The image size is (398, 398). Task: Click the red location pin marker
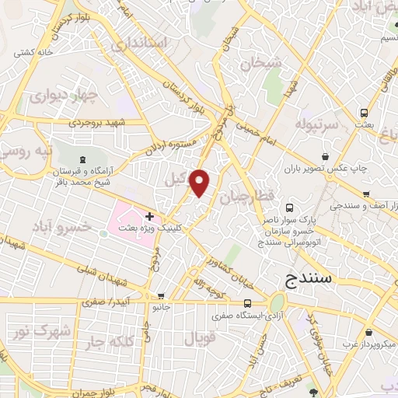point(200,182)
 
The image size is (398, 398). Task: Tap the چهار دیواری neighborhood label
point(64,97)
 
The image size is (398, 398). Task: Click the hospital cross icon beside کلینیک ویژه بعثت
point(148,215)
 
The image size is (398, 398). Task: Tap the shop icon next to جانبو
point(161,296)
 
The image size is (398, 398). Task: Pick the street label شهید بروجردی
point(96,122)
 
